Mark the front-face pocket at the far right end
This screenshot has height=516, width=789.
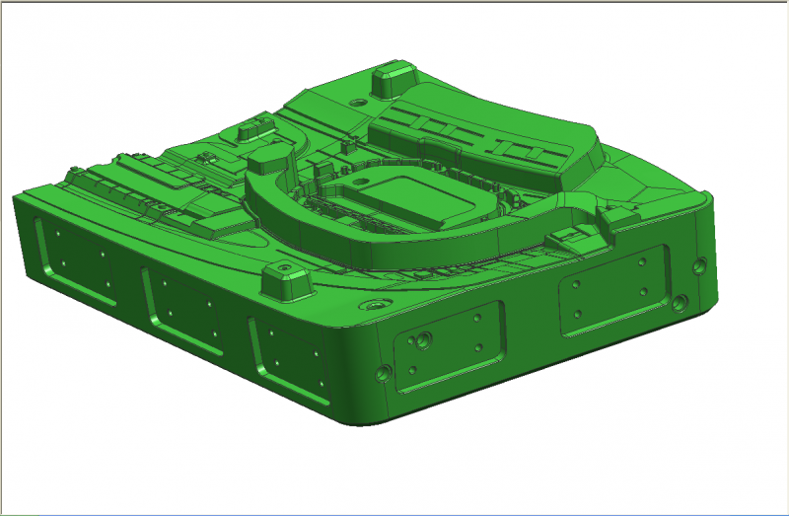612,290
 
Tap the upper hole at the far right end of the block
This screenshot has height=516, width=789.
700,264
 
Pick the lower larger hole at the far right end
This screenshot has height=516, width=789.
680,301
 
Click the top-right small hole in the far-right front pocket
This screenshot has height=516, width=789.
642,261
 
